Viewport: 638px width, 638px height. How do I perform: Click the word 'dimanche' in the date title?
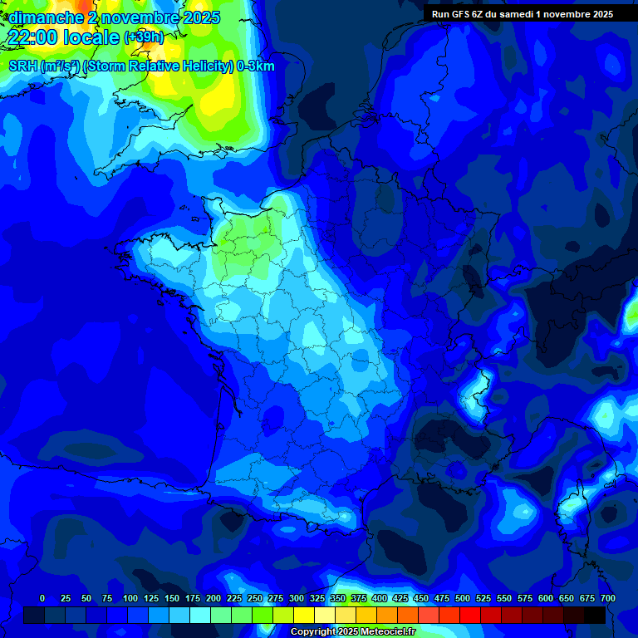[x=46, y=17]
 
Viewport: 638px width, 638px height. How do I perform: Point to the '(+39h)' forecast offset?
[x=144, y=37]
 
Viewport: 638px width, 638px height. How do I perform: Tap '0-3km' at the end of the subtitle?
[x=256, y=66]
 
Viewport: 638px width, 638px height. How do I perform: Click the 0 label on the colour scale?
[x=42, y=598]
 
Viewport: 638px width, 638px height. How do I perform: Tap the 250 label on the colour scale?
[x=255, y=598]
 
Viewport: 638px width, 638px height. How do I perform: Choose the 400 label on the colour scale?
[x=380, y=598]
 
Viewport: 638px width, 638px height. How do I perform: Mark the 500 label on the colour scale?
[x=463, y=598]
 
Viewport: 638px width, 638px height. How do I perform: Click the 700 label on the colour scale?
[x=607, y=598]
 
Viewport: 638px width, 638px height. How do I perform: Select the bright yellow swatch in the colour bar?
[x=304, y=615]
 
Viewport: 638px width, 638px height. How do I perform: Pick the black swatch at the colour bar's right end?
[x=595, y=615]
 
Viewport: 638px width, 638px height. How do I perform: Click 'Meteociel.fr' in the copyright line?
[x=384, y=632]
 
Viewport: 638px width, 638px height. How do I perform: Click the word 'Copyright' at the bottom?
[x=314, y=632]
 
